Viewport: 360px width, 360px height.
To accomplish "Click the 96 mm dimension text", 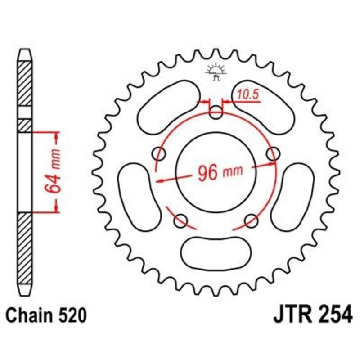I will pos(218,172).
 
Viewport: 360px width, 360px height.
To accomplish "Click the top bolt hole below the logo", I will pos(216,113).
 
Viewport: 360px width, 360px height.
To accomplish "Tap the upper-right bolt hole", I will pos(273,154).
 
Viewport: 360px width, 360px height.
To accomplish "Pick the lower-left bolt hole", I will pos(181,220).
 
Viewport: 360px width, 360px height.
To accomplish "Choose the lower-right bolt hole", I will pos(252,220).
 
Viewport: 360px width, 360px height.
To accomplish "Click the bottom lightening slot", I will pos(216,249).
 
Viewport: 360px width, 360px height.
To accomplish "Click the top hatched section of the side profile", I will pos(25,83).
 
